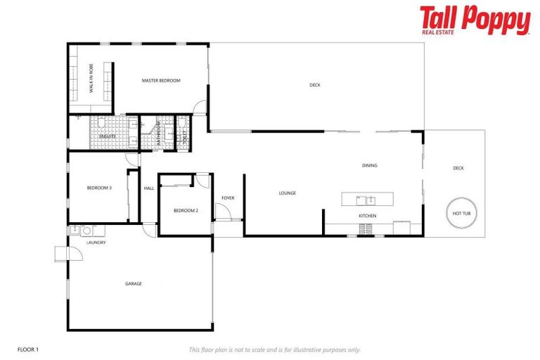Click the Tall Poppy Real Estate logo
(475, 20)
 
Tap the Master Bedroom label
(161, 81)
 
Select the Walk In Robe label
(91, 77)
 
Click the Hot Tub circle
(462, 213)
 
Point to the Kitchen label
(367, 216)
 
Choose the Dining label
(370, 166)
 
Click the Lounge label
(287, 193)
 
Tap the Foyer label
(228, 198)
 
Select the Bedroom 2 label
(186, 211)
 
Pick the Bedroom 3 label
(99, 188)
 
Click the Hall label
(149, 188)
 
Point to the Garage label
(134, 284)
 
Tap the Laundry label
(96, 243)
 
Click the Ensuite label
(107, 136)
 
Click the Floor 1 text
(29, 349)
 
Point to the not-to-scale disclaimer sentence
(274, 349)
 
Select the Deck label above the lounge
(315, 85)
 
